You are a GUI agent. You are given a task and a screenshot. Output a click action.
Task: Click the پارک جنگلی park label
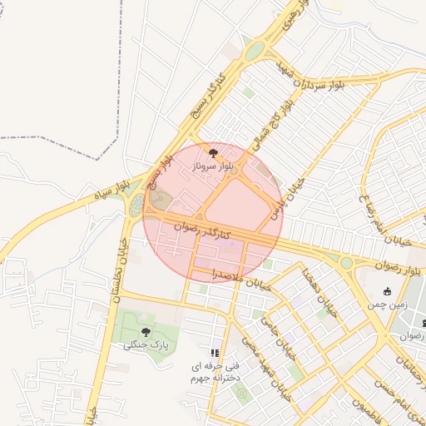point(146,344)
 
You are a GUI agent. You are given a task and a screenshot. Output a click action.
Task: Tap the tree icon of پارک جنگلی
point(146,331)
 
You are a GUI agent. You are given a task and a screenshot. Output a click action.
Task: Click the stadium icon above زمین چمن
point(387,291)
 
